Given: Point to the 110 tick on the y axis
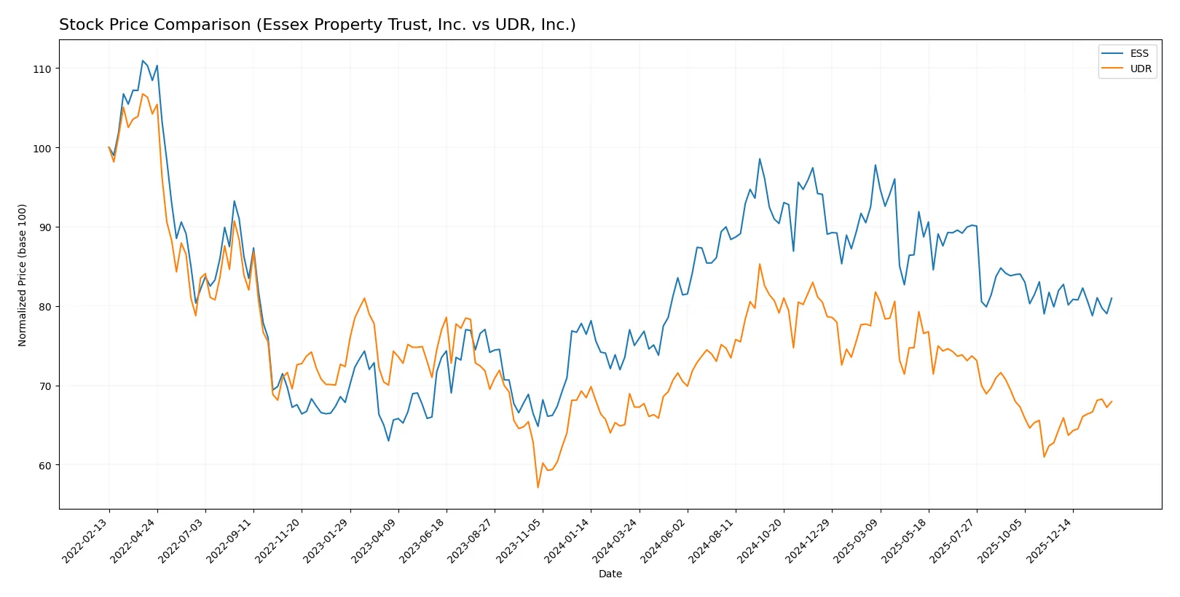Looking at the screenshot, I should click(x=42, y=69).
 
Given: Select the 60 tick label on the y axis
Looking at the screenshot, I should click(x=45, y=465).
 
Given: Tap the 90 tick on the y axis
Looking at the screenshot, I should click(x=45, y=227).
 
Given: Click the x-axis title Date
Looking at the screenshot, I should click(x=610, y=574).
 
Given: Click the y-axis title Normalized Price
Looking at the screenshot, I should click(x=23, y=275).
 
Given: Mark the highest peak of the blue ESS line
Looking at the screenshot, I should click(x=142, y=61).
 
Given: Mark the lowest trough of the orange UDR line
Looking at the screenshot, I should click(x=538, y=487).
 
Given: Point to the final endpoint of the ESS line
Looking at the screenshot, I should click(x=1111, y=298).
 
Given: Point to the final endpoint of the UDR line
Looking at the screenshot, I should click(x=1111, y=402).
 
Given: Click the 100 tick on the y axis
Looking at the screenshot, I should click(x=42, y=148).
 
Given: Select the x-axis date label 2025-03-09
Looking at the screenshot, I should click(x=858, y=540).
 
